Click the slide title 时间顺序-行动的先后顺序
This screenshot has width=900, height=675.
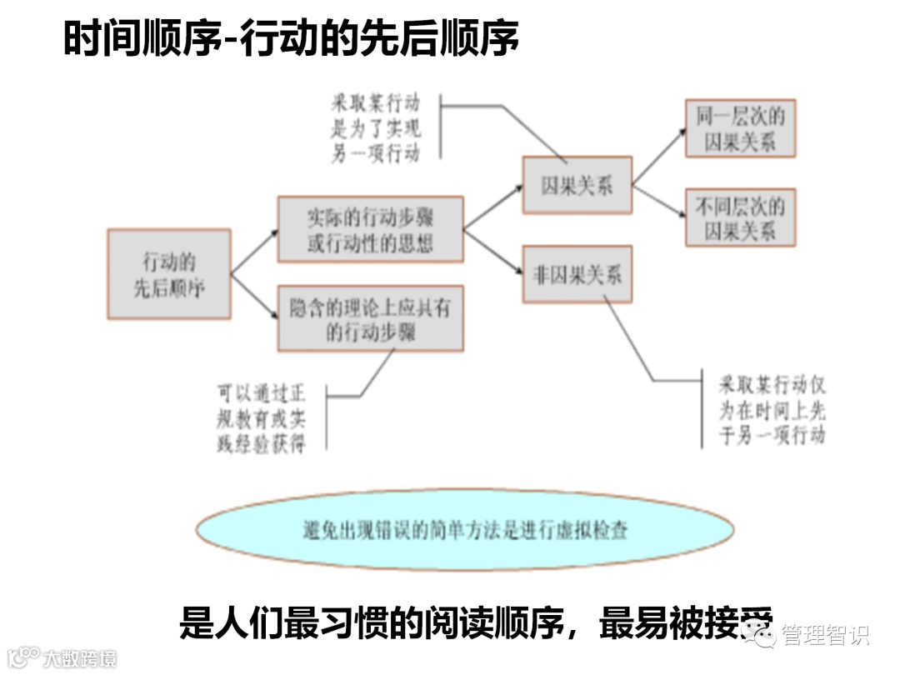291,39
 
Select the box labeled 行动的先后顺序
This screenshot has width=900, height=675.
169,274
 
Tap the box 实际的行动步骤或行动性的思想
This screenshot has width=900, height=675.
370,229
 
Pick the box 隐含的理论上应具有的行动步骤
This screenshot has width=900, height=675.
370,318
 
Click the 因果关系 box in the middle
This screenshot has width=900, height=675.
577,186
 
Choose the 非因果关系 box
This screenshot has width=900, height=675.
577,274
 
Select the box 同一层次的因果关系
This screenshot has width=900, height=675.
740,128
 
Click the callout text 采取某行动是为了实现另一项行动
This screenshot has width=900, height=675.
375,128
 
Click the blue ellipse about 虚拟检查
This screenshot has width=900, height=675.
465,530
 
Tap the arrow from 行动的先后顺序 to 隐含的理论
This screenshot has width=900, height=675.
254,297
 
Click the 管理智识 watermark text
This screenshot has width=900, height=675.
825,635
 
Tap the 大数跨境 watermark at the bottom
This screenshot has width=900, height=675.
80,657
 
